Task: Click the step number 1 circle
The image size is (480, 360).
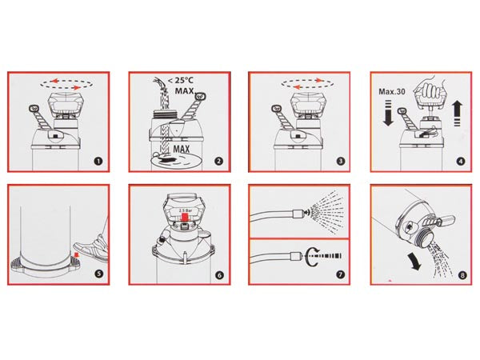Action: (98, 160)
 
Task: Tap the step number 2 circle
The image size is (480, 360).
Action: (218, 160)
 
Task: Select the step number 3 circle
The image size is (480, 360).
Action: (340, 160)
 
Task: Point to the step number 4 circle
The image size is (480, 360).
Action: (460, 160)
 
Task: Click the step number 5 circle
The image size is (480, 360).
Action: (98, 273)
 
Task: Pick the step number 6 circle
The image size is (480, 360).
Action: (218, 273)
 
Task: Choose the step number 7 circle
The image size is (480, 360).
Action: (340, 273)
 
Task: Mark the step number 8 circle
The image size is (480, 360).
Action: (460, 273)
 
